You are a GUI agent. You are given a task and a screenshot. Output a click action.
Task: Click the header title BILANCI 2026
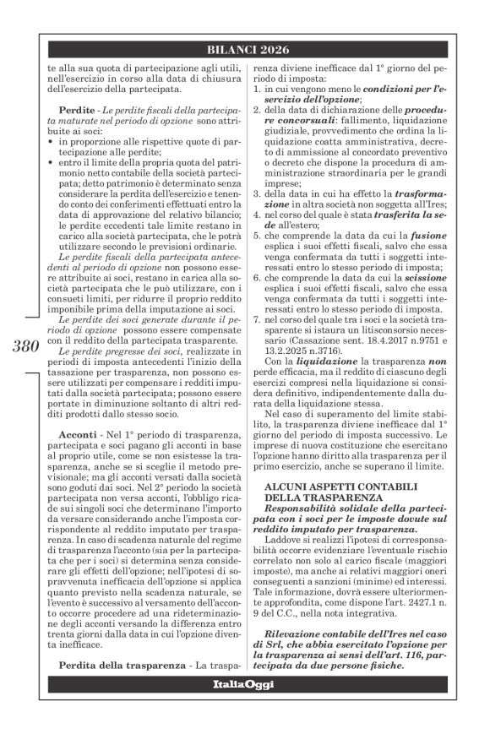(x=251, y=49)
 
